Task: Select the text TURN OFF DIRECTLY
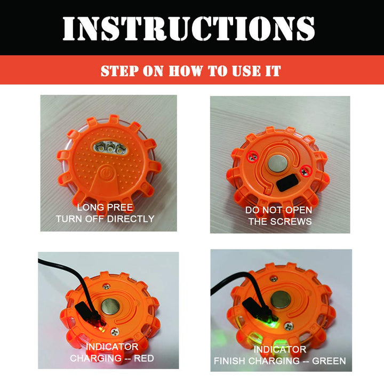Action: [x=105, y=219]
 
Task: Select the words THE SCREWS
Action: [x=279, y=221]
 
